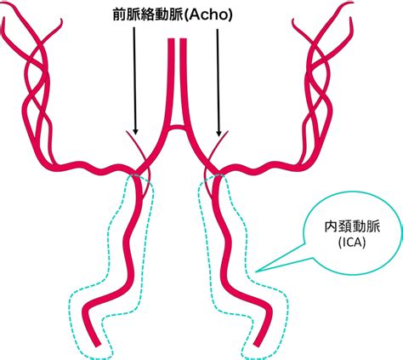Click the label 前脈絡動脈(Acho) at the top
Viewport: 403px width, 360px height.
click(x=173, y=14)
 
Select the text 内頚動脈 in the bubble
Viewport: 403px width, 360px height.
click(x=352, y=227)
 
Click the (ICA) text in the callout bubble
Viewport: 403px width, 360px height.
click(x=352, y=243)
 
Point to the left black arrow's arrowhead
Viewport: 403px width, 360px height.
click(x=135, y=132)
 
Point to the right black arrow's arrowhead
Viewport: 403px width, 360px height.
click(x=219, y=133)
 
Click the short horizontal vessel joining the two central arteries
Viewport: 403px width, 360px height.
click(x=177, y=128)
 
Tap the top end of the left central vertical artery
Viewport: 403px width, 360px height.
click(x=171, y=39)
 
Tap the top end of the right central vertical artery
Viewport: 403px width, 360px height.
click(x=184, y=39)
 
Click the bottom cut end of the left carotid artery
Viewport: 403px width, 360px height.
click(x=97, y=345)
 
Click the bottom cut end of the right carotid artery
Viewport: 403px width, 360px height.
click(x=257, y=345)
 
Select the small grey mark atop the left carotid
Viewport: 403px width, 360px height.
click(x=136, y=175)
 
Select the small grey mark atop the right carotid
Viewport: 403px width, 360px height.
click(x=219, y=175)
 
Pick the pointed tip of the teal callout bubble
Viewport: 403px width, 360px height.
click(x=256, y=271)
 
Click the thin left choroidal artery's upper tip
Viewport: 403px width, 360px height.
click(x=127, y=132)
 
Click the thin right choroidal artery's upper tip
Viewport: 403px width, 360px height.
click(x=228, y=132)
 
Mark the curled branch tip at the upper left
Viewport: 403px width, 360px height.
click(x=61, y=20)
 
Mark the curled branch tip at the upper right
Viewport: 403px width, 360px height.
click(x=293, y=20)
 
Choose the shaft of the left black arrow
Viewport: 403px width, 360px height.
click(x=134, y=78)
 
